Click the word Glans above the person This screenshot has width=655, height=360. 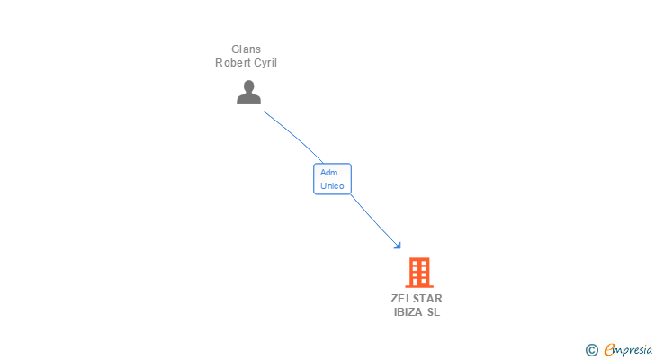[246, 49]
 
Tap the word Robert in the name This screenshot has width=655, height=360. [230, 63]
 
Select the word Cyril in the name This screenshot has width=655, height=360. [263, 63]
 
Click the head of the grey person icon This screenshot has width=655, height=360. [249, 86]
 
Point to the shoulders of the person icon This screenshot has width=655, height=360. [249, 99]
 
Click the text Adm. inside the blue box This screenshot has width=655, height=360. [330, 173]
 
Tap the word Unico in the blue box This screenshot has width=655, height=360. [332, 186]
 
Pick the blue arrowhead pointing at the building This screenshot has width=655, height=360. [398, 246]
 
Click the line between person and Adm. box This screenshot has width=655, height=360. [293, 136]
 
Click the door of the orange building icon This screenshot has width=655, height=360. [419, 282]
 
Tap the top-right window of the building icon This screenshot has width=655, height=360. [424, 263]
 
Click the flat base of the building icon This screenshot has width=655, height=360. [419, 286]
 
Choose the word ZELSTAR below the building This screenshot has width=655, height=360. [417, 299]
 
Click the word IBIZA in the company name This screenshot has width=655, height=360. [408, 312]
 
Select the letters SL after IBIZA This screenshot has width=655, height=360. [433, 312]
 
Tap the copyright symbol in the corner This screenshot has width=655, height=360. [591, 350]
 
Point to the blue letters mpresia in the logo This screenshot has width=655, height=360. [633, 350]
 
